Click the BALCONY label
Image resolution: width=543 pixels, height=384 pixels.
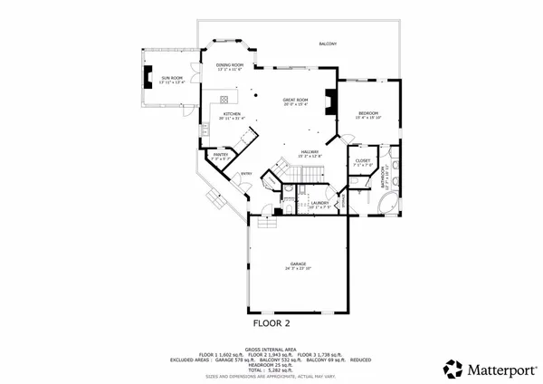coord(327,43)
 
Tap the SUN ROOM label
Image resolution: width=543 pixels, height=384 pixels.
coord(172,79)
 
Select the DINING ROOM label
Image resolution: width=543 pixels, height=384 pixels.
coord(230,65)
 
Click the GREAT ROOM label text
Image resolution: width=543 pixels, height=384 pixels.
coord(295,100)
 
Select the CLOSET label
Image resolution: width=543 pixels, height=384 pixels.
coord(362,160)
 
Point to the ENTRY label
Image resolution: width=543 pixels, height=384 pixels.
coord(245,174)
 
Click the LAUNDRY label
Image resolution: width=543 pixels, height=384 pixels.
coord(319,203)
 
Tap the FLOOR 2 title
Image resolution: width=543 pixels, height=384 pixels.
coord(271,321)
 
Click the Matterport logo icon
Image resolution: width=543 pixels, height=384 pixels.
coord(452,369)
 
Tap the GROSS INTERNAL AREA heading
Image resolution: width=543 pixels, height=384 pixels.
coord(271,347)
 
